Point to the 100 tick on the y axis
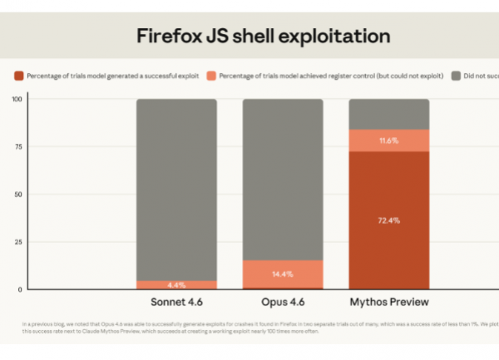click(17, 99)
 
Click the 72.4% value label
click(388, 220)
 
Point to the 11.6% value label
click(388, 141)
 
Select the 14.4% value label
click(283, 273)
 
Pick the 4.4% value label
click(176, 284)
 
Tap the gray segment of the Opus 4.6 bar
click(283, 179)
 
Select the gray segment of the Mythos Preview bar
click(388, 114)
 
